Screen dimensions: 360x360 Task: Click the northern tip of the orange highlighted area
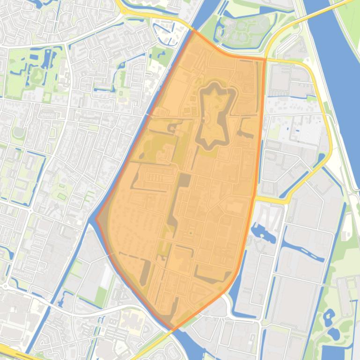pos(193,31)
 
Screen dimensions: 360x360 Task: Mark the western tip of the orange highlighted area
pos(96,218)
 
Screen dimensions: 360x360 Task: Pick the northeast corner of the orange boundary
pos(264,59)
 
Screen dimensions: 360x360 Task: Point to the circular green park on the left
pos(19,132)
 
